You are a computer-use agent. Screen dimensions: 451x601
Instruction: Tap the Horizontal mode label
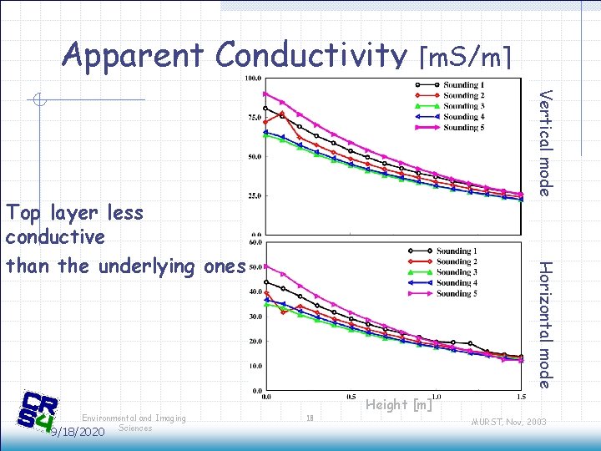[544, 324]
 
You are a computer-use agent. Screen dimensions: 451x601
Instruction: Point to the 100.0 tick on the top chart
[252, 79]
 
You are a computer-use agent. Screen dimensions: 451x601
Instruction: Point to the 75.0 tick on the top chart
[252, 118]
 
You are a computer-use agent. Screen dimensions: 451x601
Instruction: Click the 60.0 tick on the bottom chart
[252, 243]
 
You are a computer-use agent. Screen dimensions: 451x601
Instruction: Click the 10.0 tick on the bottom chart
[252, 366]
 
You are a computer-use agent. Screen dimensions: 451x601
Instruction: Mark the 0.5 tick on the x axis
[351, 397]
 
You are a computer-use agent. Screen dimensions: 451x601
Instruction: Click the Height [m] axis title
[399, 405]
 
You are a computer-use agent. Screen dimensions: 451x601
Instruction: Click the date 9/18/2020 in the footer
[78, 432]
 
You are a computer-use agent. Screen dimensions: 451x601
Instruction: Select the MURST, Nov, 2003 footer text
[508, 422]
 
